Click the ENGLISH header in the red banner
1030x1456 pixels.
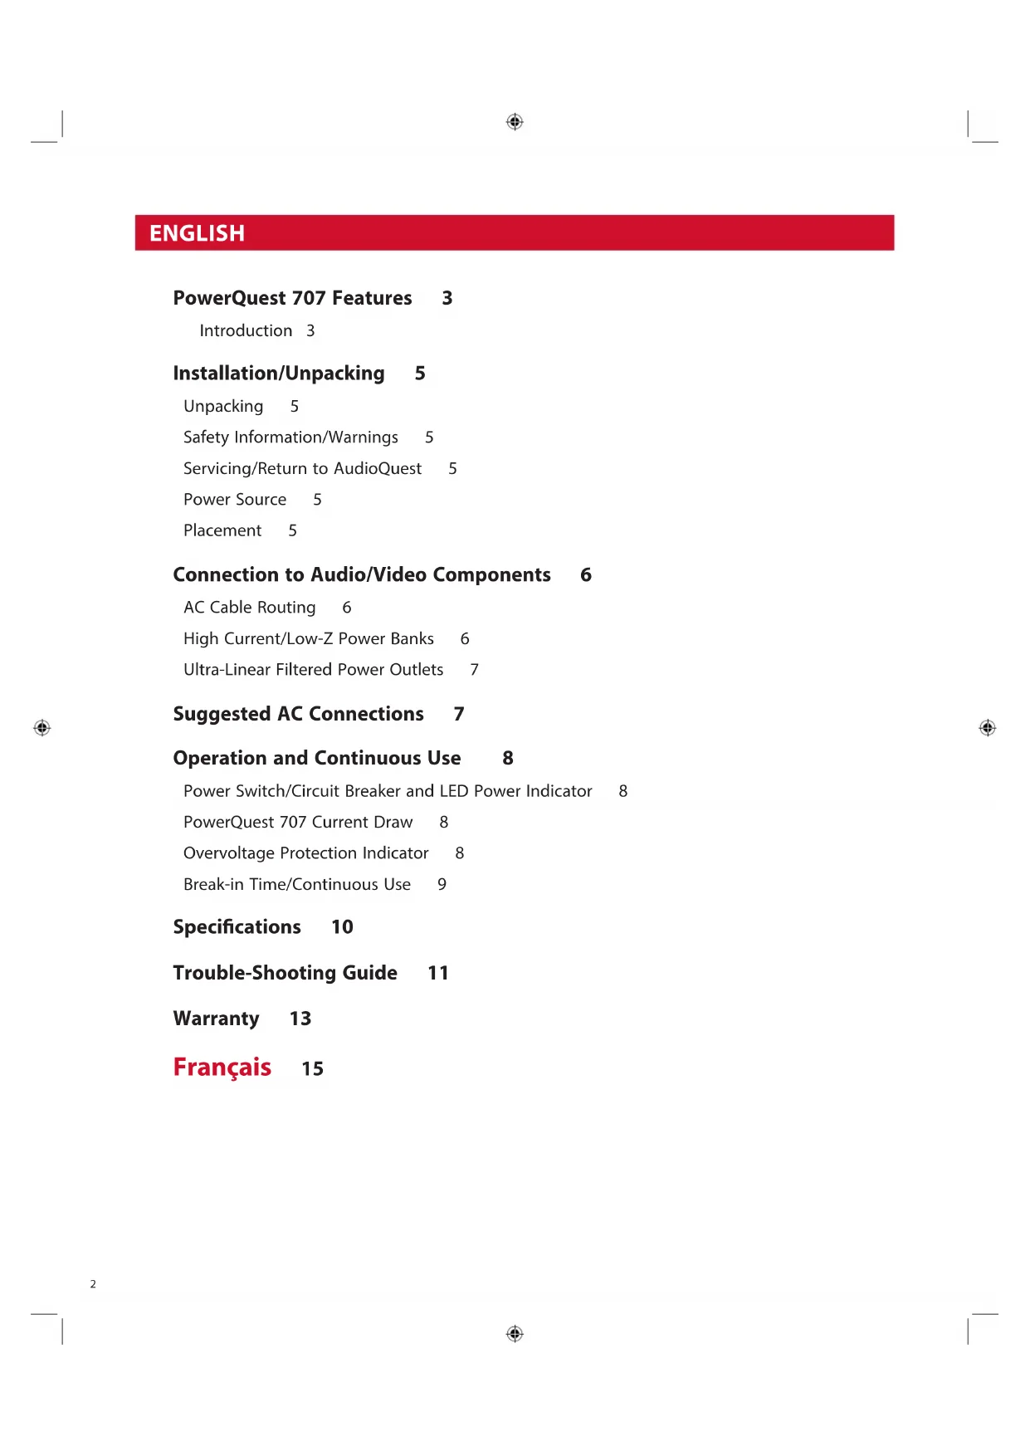[x=197, y=233]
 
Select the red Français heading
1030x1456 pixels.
[x=222, y=1067]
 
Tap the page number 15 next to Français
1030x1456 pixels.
[x=312, y=1068]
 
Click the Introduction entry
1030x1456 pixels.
[x=246, y=330]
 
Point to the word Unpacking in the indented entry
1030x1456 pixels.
[x=223, y=406]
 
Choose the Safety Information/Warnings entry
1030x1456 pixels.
[x=290, y=437]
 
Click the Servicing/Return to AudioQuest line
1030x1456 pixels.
[x=302, y=468]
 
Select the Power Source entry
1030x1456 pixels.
[x=235, y=499]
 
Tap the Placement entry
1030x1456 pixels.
[x=222, y=530]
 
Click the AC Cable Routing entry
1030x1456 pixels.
[x=249, y=607]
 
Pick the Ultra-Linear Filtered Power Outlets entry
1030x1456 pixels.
[x=313, y=669]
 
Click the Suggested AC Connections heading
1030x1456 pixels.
[x=298, y=714]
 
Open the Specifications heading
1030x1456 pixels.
[x=237, y=926]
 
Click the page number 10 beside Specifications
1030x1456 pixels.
[x=342, y=926]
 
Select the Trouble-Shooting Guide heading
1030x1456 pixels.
[x=285, y=972]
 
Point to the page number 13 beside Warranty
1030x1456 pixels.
[x=300, y=1019]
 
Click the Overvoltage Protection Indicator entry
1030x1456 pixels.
[x=305, y=853]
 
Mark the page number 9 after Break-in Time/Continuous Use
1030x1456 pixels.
[x=442, y=884]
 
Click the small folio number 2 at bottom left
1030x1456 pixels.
[x=93, y=1284]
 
